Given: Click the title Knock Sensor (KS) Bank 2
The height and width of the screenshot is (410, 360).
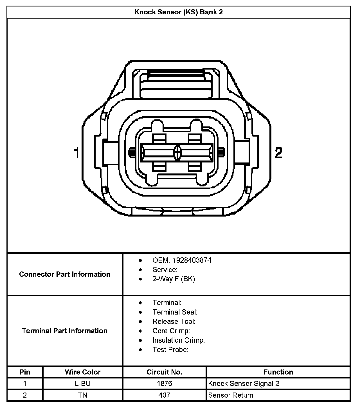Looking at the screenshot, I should coord(178,12).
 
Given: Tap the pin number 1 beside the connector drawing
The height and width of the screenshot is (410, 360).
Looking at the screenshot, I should coord(76,153).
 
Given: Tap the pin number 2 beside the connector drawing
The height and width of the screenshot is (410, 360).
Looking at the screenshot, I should coord(278,153).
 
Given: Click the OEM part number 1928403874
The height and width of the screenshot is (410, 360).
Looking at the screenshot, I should coord(192,260).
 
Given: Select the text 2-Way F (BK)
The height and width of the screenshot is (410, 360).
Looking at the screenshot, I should coord(174,279).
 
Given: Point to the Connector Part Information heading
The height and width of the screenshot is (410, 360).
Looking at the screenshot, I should coord(65,274).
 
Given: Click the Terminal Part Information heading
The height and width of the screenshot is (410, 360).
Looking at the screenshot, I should coord(65,331).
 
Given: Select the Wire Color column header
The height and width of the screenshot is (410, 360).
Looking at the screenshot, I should coord(83,372).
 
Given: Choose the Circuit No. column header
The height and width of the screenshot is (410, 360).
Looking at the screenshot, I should coord(165,372).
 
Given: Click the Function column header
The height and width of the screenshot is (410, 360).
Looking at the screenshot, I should coord(278,372).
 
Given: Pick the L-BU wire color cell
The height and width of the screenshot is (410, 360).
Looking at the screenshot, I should coord(83,384).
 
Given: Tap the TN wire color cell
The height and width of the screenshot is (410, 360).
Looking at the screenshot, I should coord(83,395).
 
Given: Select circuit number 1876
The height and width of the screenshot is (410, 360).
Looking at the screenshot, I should coord(165,384).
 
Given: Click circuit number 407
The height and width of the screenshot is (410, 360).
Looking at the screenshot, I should coord(165,395).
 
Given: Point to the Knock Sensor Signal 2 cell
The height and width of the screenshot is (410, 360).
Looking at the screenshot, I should coord(244,384).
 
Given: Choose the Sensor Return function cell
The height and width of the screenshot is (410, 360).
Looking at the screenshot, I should coord(231,395).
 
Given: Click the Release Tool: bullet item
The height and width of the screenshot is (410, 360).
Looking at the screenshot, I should coord(174,321).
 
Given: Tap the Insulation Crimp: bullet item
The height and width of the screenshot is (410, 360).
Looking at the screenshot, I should coord(179,340).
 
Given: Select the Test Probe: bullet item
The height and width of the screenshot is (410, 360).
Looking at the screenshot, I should coord(170,349).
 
